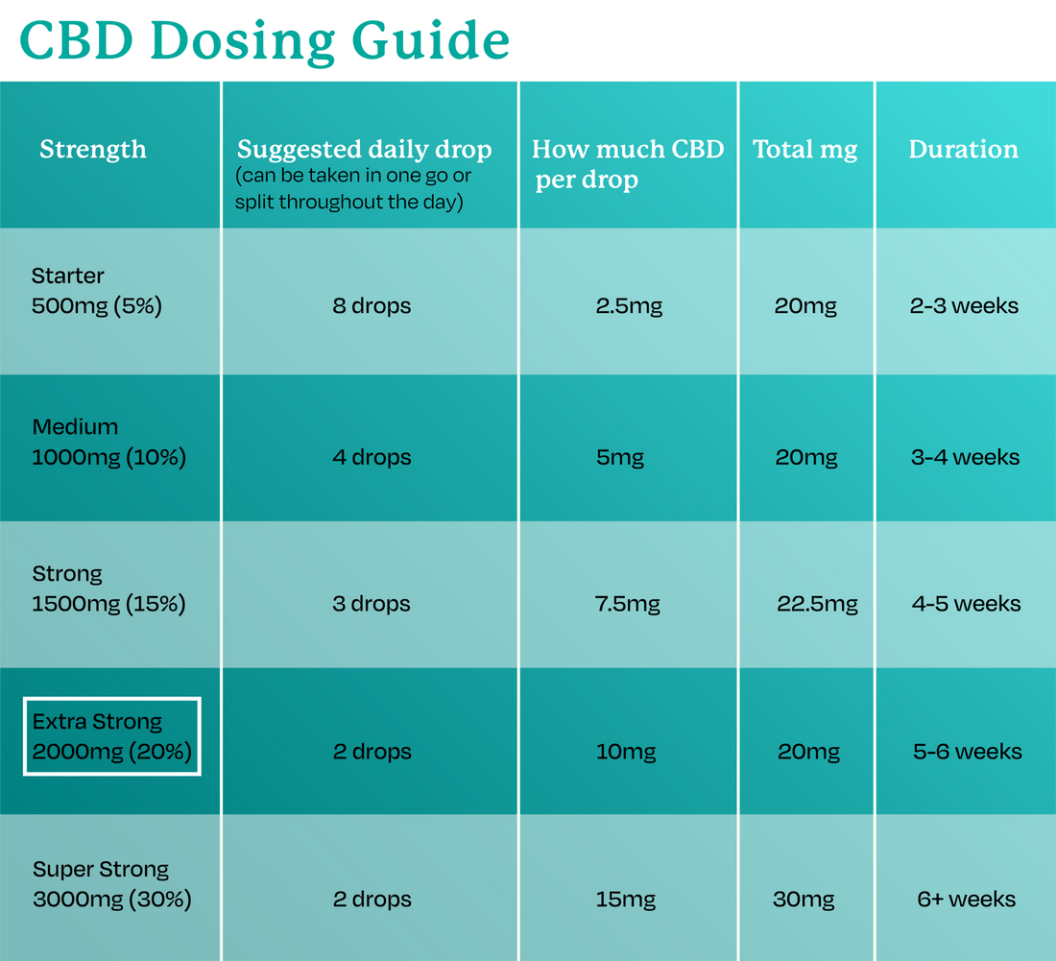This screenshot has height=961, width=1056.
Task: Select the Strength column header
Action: pos(93,150)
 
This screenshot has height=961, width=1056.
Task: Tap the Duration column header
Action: pos(963,150)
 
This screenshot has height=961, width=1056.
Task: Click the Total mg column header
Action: pos(804,150)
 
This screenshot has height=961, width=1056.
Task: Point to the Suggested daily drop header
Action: pos(364,150)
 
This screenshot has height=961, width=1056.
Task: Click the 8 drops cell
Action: pos(372,306)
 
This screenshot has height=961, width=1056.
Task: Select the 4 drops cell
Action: pos(372,457)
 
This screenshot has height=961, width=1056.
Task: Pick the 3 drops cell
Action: pos(372,604)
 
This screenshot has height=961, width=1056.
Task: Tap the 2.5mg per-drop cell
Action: pos(629,306)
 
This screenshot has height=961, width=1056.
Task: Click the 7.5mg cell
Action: pos(628,604)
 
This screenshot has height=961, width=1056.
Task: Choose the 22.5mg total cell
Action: pos(817,604)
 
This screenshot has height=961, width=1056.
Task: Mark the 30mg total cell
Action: pos(804,900)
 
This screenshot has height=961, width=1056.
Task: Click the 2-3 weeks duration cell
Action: pos(964,306)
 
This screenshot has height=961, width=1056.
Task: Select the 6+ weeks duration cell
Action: pos(966,900)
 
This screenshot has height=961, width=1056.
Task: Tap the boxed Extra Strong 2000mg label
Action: pos(111,736)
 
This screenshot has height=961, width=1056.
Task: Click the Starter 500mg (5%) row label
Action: pos(96,291)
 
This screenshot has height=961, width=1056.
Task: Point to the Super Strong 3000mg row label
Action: pos(111,884)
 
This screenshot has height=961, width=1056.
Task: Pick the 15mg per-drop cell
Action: pos(625,900)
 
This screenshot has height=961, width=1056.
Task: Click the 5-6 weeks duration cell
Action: pos(967,752)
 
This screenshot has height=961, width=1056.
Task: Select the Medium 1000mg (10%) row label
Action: pos(108,442)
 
